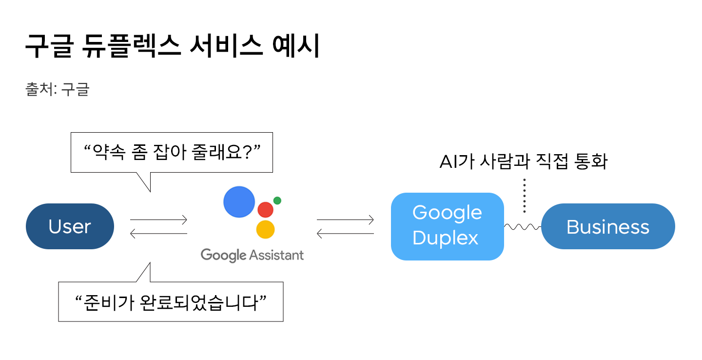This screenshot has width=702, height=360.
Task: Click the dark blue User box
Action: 70,226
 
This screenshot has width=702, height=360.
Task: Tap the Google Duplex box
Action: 447,226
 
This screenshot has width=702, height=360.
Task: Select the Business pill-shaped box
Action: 608,226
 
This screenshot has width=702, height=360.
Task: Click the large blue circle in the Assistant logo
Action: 239,202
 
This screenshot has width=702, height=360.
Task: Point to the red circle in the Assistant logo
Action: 265,209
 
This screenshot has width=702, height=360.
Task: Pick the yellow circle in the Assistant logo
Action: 265,229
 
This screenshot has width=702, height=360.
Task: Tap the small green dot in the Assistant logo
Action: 277,200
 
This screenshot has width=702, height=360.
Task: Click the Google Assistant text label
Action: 252,255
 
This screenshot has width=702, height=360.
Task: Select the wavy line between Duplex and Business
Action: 523,226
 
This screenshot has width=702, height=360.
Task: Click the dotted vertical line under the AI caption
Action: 524,196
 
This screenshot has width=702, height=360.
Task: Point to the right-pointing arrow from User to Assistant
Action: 158,220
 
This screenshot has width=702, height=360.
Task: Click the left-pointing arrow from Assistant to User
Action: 158,234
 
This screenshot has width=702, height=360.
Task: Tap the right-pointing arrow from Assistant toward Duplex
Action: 345,220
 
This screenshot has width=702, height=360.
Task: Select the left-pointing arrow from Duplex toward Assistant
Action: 345,234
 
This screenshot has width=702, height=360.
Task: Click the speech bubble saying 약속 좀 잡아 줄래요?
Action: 171,152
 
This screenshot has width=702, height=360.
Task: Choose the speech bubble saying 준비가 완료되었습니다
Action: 171,301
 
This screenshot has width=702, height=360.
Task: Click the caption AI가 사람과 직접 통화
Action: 523,161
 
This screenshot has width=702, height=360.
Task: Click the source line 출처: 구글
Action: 57,90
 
